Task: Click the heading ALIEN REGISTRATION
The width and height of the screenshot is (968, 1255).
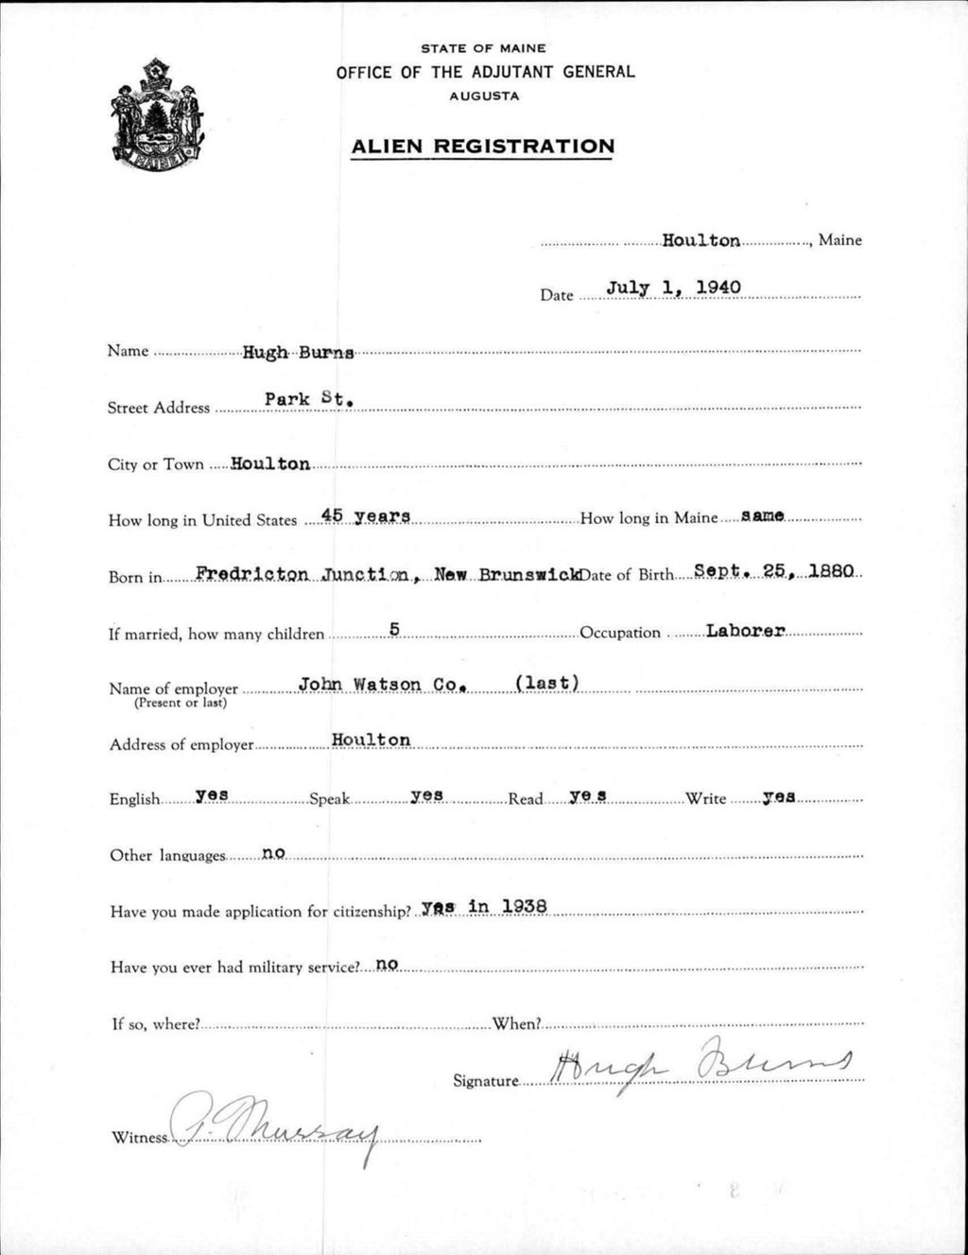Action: coord(482,147)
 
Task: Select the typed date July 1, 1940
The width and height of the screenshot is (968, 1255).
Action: coord(673,287)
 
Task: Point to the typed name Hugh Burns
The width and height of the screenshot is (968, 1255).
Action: coord(298,353)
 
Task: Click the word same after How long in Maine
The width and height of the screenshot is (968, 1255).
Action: coord(763,515)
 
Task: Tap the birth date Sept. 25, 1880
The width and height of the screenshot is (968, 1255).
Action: coord(773,571)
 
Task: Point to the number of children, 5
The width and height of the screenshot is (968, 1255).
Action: coord(395,628)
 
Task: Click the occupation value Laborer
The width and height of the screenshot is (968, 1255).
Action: coord(746,631)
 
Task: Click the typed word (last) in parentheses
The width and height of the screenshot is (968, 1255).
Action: coord(546,684)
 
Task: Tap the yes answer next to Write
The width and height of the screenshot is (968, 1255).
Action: coord(778,797)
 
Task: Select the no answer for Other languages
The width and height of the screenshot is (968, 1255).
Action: coord(273,852)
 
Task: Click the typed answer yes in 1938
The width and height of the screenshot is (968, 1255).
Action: coord(484,907)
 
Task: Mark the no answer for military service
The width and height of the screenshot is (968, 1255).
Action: coord(387,965)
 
